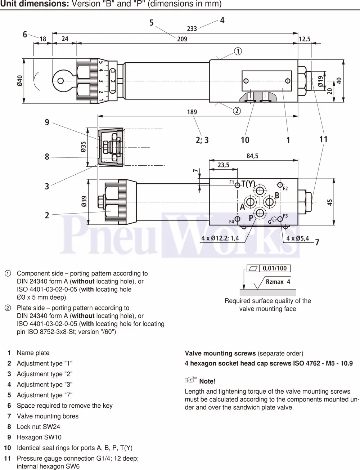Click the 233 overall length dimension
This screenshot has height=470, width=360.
[192, 29]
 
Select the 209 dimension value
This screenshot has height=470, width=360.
[182, 39]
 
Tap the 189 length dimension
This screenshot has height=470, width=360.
[192, 112]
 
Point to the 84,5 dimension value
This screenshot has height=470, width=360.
[252, 156]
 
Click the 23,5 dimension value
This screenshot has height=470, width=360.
[223, 165]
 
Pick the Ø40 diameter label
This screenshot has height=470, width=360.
[20, 81]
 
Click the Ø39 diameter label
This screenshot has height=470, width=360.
[84, 201]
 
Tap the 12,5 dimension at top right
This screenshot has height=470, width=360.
[305, 39]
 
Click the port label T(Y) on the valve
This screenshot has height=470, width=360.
[248, 184]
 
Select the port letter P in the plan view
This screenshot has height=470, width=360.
[251, 218]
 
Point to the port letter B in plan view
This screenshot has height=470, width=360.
[277, 196]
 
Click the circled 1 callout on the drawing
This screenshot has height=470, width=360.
[238, 51]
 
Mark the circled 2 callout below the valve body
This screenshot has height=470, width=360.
[237, 111]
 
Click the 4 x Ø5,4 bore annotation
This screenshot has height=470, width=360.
[297, 238]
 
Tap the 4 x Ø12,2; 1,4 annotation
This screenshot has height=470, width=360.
[220, 238]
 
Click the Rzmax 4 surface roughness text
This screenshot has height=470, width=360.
[278, 282]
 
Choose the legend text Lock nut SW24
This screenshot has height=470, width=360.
[38, 427]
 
